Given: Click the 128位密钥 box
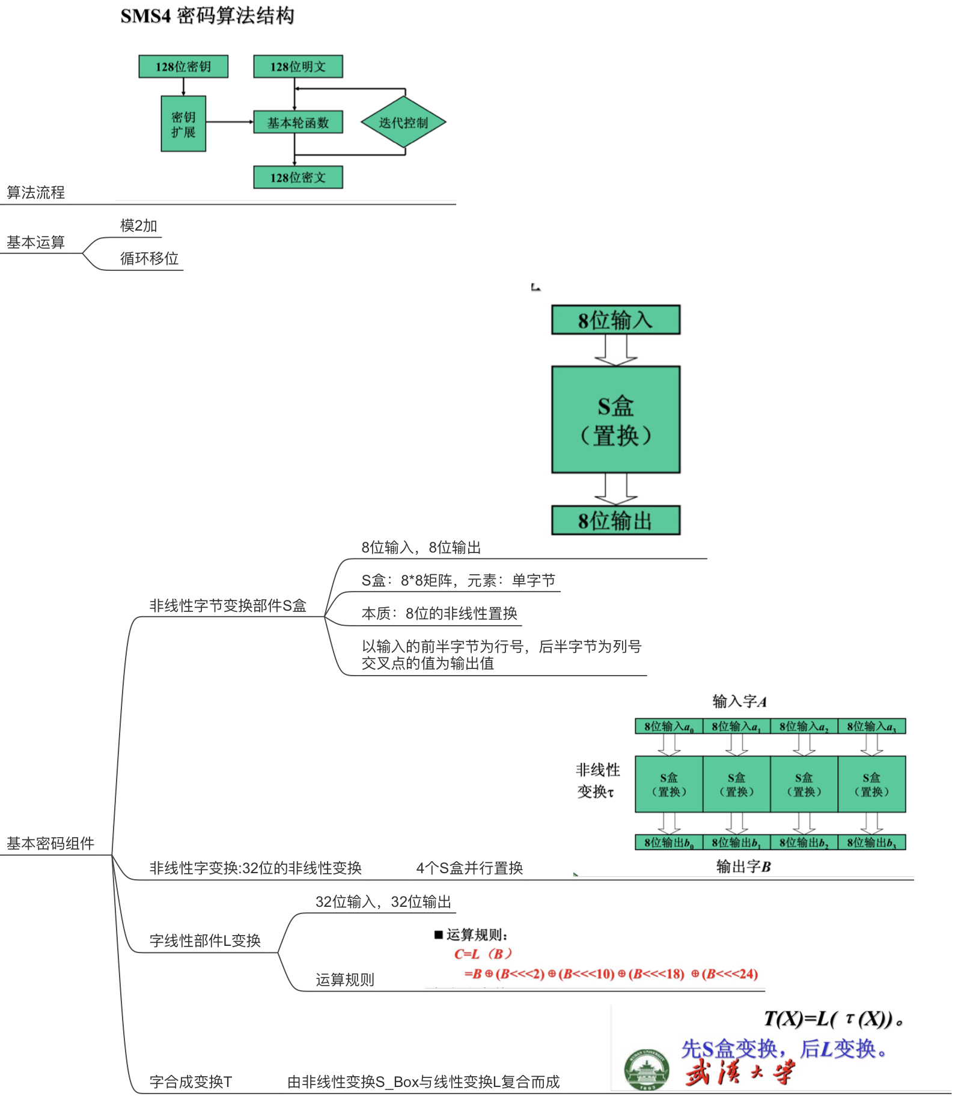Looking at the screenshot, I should click(183, 67).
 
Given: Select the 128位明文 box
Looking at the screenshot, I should click(298, 67).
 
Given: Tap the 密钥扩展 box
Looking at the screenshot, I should click(183, 124).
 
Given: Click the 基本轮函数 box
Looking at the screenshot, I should click(298, 123).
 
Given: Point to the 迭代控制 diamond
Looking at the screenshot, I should click(403, 123).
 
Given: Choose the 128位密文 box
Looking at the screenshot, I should click(298, 178).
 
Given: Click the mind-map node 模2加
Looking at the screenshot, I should click(139, 226).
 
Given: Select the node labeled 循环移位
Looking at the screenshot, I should click(150, 259).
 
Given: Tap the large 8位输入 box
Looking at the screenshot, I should click(616, 320).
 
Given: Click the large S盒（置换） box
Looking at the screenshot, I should click(616, 420).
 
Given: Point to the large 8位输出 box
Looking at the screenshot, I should click(616, 521).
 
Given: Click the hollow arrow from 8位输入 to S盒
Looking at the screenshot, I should click(616, 350).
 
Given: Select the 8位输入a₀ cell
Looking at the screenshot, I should click(669, 727).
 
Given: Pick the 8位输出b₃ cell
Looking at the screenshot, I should click(871, 843).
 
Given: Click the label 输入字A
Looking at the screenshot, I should click(739, 701).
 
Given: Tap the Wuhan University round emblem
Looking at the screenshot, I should click(647, 1070).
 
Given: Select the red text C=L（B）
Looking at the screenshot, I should click(483, 954).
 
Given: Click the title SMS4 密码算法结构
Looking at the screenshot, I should click(207, 16).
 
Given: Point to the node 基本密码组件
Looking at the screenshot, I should click(50, 844).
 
